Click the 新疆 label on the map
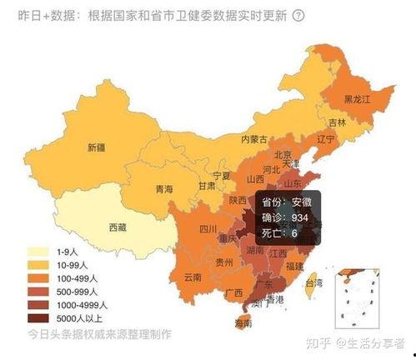coord(98,148)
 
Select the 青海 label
coord(164,190)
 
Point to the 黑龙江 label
coord(358,98)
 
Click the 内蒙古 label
coord(253,138)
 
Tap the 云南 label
coord(193,277)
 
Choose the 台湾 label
coord(313,283)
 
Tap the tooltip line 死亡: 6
coord(275,233)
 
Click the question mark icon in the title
coord(299,16)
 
